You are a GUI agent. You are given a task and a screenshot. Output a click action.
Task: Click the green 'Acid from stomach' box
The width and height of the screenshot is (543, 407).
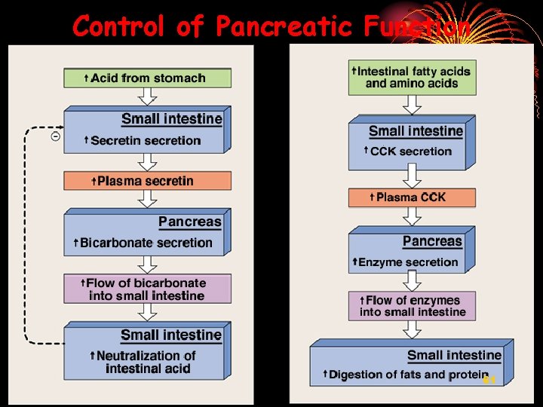(x=147, y=78)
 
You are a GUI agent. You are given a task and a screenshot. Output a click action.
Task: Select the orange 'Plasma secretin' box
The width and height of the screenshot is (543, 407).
(x=147, y=181)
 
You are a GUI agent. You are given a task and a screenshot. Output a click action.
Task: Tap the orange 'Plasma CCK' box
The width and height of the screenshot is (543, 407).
(x=412, y=197)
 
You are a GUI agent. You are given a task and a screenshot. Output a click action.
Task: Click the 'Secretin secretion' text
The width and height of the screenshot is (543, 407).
(x=146, y=140)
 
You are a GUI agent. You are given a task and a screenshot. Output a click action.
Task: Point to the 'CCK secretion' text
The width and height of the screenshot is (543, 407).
(x=411, y=151)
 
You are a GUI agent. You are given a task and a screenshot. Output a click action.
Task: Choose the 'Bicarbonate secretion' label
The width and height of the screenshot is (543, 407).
(x=146, y=243)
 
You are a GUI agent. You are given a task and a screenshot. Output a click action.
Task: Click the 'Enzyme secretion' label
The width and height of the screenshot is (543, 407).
(x=408, y=262)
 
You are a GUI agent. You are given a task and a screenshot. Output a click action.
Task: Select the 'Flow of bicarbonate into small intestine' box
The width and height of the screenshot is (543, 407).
(x=147, y=289)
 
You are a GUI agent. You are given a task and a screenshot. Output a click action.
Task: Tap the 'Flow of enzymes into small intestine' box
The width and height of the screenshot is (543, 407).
(x=412, y=306)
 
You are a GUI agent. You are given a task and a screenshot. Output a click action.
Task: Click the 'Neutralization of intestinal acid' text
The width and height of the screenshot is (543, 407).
(x=147, y=362)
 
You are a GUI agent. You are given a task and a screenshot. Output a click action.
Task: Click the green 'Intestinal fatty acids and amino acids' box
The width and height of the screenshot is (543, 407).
(x=412, y=78)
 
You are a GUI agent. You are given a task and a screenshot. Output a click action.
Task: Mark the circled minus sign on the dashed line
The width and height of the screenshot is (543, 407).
(x=56, y=136)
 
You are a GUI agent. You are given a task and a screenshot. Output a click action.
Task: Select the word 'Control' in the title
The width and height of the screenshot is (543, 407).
(x=119, y=27)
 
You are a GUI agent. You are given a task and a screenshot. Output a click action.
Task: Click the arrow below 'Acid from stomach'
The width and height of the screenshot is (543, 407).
(x=148, y=96)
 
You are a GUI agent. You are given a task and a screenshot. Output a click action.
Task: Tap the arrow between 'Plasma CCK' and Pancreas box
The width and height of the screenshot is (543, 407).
(x=412, y=216)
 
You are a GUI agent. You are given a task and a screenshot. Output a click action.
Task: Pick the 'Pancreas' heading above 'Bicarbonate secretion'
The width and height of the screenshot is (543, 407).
(x=189, y=222)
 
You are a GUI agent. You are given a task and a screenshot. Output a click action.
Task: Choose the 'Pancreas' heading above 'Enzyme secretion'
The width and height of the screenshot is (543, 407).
(x=431, y=242)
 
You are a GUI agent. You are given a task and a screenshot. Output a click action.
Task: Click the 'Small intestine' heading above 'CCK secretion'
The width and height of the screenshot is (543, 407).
(x=416, y=131)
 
